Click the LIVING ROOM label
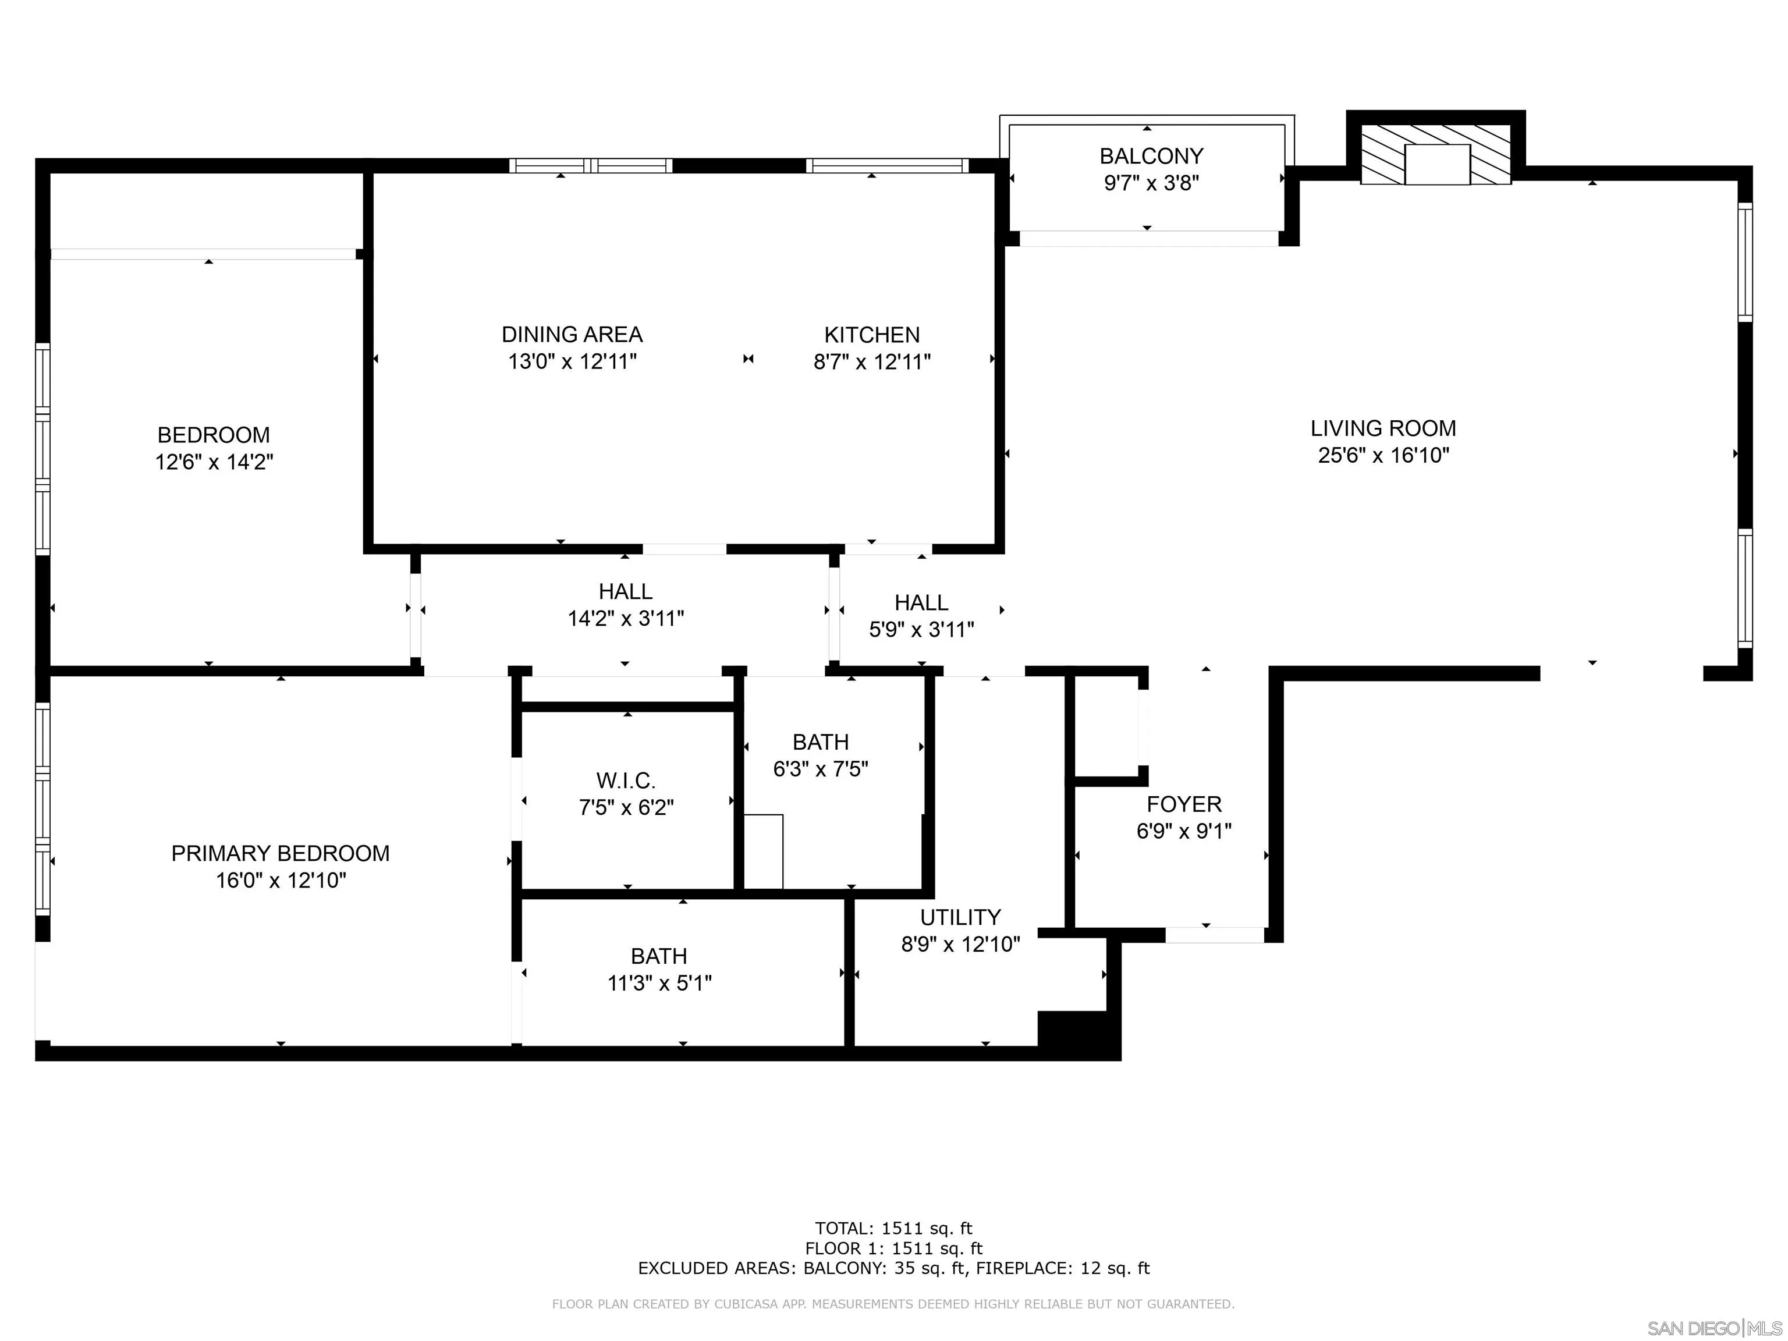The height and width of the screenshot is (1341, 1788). [x=1383, y=428]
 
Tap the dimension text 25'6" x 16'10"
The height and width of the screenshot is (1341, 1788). [x=1383, y=455]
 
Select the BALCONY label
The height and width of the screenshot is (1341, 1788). [x=1151, y=156]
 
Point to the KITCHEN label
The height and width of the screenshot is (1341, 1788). [x=871, y=335]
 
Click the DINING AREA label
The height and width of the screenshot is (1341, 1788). [x=572, y=335]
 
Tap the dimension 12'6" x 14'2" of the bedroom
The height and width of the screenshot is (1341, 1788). [x=214, y=462]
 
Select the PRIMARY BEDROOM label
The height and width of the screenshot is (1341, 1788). [x=280, y=854]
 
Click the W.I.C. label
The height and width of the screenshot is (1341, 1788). [x=626, y=781]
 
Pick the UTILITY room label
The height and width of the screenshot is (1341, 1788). [x=960, y=917]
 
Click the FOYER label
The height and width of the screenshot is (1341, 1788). [x=1184, y=804]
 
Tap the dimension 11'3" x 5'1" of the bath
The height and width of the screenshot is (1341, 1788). [x=659, y=984]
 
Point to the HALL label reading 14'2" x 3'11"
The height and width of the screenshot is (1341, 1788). [x=626, y=592]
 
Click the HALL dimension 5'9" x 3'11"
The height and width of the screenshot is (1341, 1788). [x=921, y=630]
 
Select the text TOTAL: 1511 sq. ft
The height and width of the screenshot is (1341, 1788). [x=893, y=1229]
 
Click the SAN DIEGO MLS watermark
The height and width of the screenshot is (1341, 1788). [x=1713, y=1328]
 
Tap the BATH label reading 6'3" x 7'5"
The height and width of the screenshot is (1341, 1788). [x=821, y=742]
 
